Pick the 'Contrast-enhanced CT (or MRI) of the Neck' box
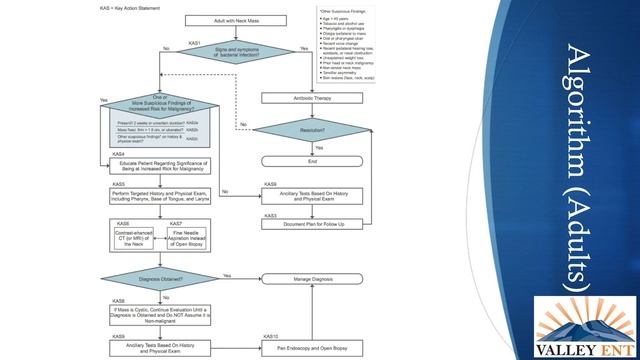(135, 240)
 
